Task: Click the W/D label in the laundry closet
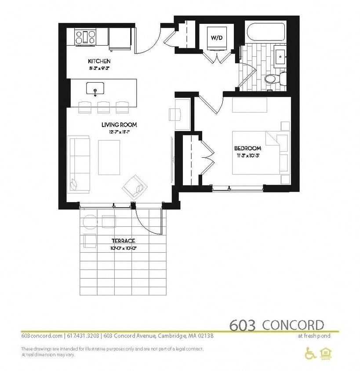click(216, 38)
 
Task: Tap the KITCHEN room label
click(99, 61)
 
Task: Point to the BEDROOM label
click(247, 148)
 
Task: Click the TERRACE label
click(123, 240)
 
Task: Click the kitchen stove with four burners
click(85, 36)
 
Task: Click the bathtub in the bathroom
click(265, 32)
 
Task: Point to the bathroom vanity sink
click(280, 55)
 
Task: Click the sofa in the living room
click(79, 164)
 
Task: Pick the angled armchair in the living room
click(135, 186)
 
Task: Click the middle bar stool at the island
click(104, 107)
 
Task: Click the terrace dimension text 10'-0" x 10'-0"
click(123, 248)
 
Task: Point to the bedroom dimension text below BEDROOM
click(247, 155)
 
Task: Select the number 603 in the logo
click(242, 325)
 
